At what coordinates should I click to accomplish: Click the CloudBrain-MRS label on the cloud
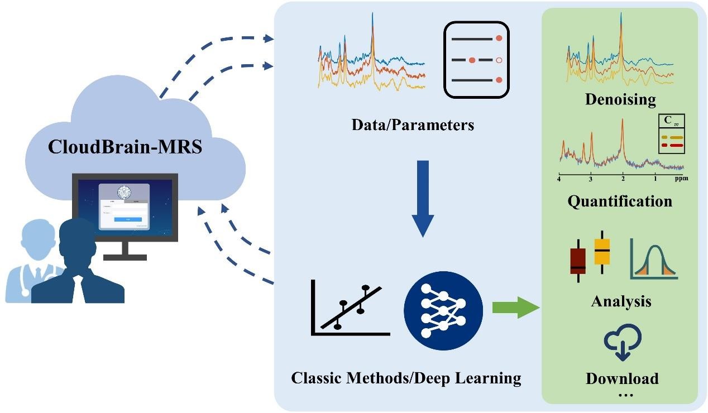[133, 147]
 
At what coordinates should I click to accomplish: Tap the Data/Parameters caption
[413, 124]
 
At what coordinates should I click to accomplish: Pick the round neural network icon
[443, 308]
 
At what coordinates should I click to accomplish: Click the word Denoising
[620, 100]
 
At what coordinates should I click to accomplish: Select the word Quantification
[620, 201]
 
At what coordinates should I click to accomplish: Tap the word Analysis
[621, 302]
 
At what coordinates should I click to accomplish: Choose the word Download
[622, 378]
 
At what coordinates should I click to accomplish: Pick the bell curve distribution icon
[654, 259]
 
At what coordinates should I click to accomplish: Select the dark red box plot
[578, 261]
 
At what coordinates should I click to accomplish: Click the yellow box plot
[602, 252]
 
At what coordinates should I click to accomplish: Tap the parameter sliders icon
[476, 59]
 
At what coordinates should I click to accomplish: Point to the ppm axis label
[681, 179]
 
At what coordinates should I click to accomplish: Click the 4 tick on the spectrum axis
[559, 179]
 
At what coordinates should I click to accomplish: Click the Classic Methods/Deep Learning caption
[406, 378]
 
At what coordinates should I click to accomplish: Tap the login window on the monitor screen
[124, 206]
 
